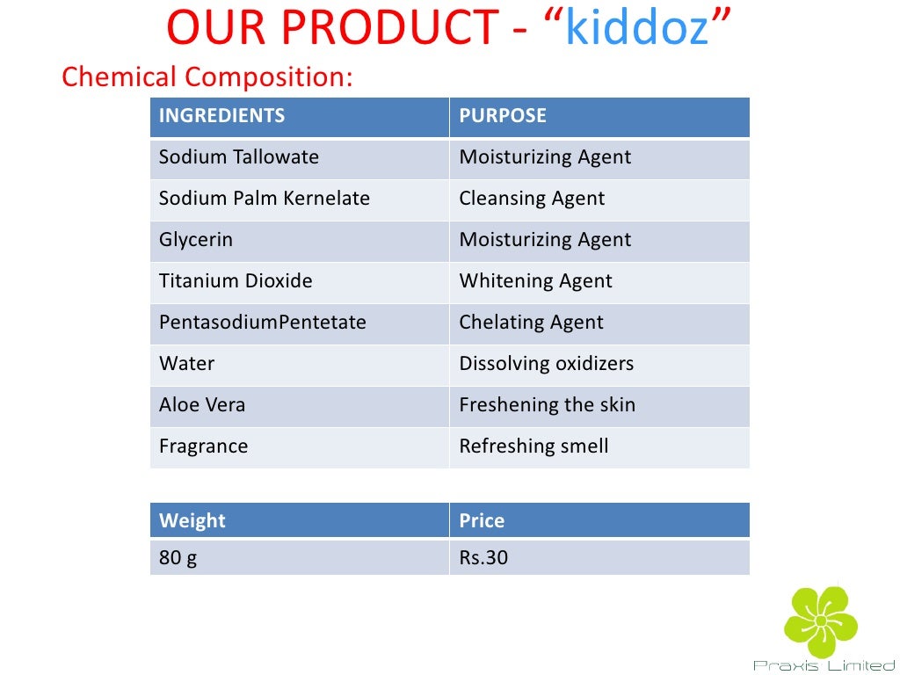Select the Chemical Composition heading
(207, 77)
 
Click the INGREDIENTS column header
(221, 116)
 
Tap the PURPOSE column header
(503, 116)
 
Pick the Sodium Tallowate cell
(239, 158)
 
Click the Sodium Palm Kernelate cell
(265, 199)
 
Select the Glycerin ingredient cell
(196, 240)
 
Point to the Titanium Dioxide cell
(236, 281)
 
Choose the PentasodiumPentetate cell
(262, 323)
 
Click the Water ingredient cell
(187, 364)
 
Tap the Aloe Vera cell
(202, 405)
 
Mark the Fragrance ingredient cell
(204, 446)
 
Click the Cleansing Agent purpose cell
(532, 199)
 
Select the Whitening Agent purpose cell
(535, 281)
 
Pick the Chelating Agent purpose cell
(531, 323)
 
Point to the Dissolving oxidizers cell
(546, 364)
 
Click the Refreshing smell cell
(533, 446)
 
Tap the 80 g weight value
(178, 558)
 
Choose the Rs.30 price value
(483, 558)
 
